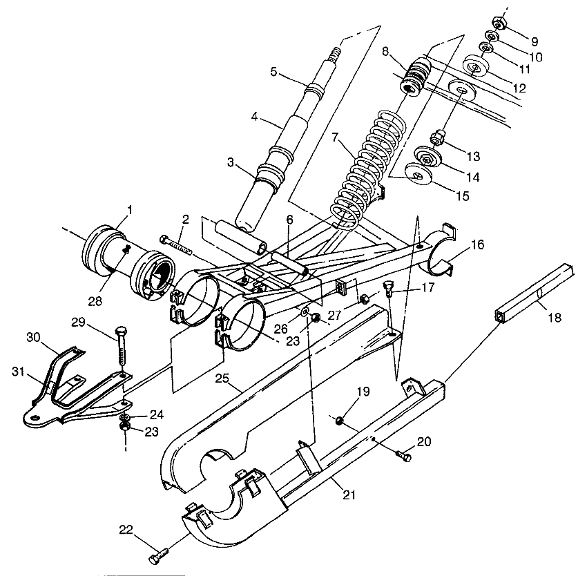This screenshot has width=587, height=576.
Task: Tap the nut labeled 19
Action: tap(340, 419)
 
